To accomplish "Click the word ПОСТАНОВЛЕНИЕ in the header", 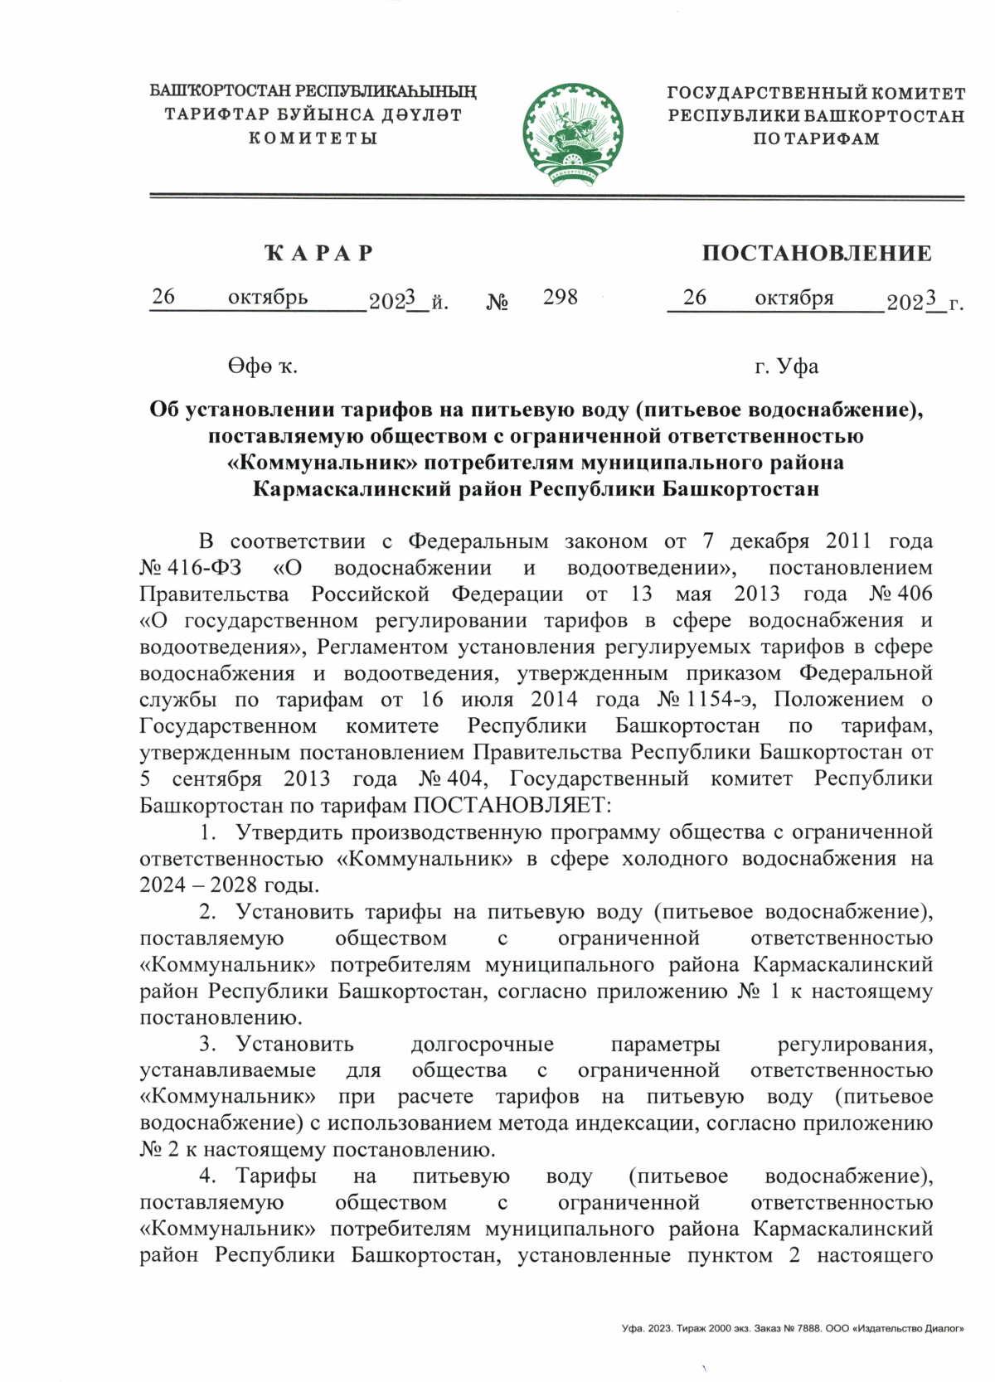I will tap(816, 253).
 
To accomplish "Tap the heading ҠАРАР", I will tap(318, 253).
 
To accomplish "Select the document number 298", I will tap(561, 297).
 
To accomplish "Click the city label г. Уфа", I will tap(786, 366).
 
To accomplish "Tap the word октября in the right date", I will tap(794, 297).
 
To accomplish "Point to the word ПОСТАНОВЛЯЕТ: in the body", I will tap(511, 804).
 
